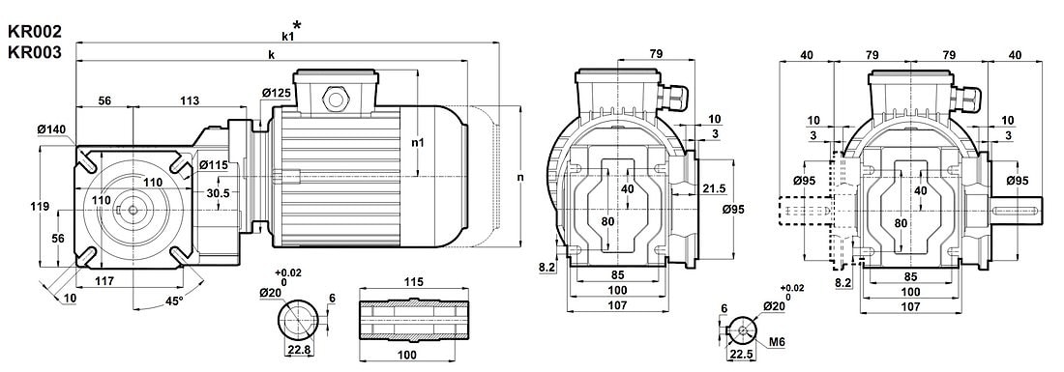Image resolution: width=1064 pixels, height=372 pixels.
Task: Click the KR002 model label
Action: [35, 31]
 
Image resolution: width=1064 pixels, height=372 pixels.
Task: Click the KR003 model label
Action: [35, 52]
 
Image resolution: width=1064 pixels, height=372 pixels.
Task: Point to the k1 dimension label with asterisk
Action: [291, 31]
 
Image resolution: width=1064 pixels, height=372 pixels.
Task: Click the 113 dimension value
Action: [190, 100]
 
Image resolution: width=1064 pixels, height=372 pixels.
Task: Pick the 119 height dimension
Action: [40, 207]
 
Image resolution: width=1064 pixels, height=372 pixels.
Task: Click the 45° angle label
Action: [174, 300]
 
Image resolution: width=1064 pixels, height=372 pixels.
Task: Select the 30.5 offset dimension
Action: [199, 192]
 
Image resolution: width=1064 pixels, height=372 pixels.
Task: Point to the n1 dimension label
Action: [419, 143]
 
